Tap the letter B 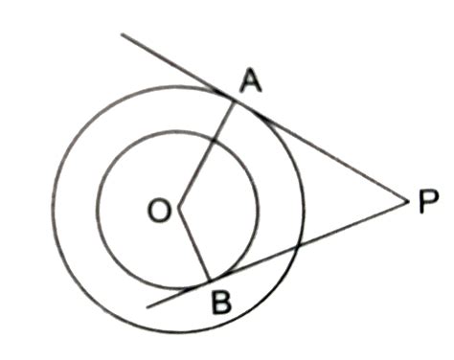[x=220, y=305]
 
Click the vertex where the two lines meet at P [x=405, y=201]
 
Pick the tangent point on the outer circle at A [x=236, y=98]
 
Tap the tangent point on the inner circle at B [x=209, y=284]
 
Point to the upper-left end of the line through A [x=122, y=35]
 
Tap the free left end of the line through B [x=148, y=306]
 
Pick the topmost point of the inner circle [x=177, y=129]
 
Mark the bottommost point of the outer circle [x=178, y=333]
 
